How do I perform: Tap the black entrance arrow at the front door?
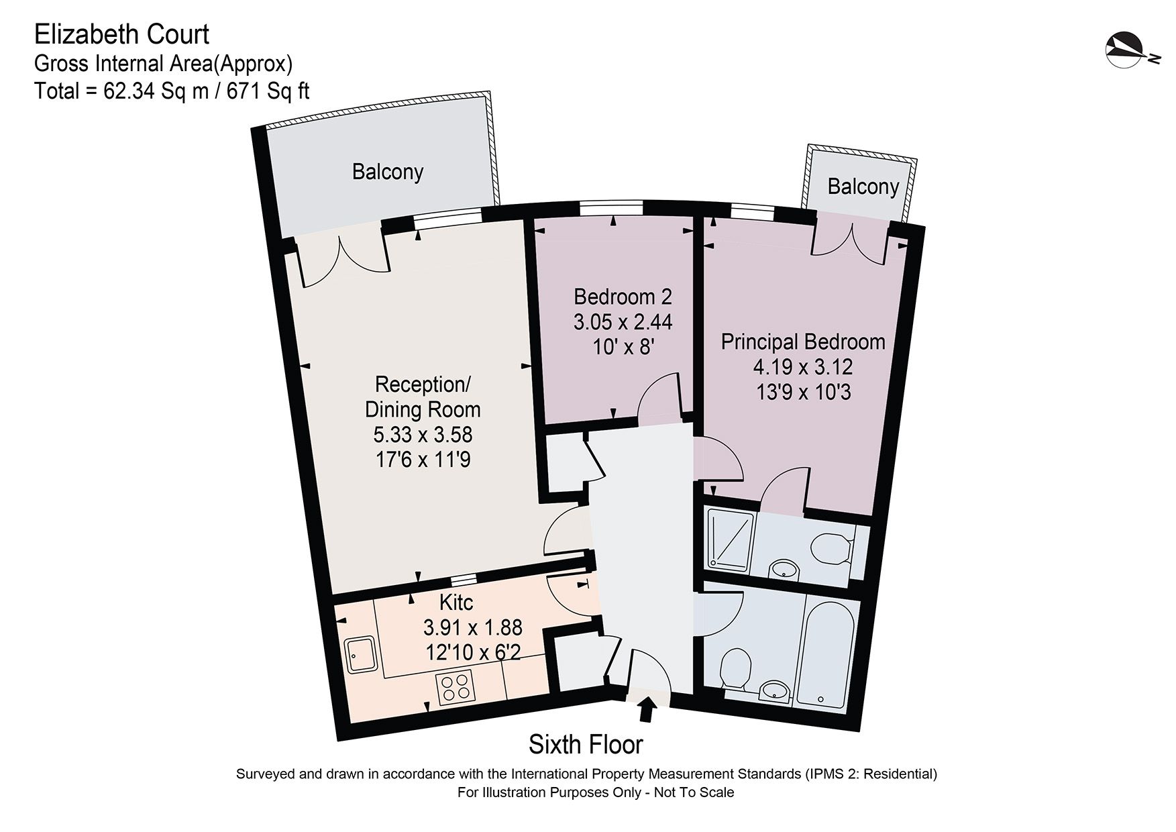tap(647, 709)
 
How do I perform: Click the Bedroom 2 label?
tap(623, 296)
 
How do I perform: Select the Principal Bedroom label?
tap(802, 342)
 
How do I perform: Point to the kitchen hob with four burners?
tap(454, 687)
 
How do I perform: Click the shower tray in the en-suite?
tap(727, 539)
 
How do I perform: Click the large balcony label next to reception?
tap(388, 172)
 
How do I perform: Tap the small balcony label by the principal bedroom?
tap(863, 186)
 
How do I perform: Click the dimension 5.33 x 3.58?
tap(423, 435)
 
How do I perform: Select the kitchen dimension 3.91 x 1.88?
tap(472, 627)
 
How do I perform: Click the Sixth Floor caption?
tap(586, 744)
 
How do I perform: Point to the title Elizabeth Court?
tap(121, 34)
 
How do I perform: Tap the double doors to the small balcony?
tap(851, 242)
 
